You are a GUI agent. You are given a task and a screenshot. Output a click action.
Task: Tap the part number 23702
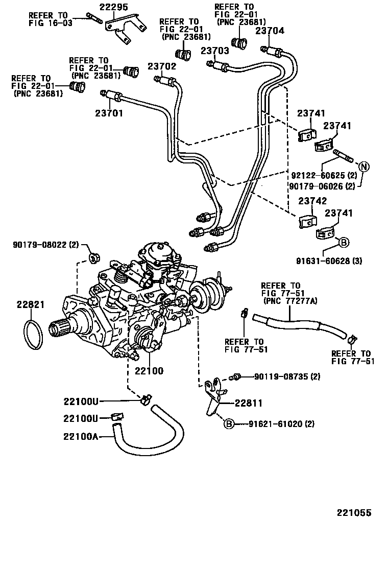pos(162,66)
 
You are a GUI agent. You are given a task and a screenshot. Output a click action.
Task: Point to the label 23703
pos(214,51)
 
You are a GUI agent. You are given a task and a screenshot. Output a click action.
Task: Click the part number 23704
pos(270,30)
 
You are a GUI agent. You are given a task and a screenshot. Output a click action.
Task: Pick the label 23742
pos(312,201)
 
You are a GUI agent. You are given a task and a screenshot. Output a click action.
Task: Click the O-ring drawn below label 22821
pos(33,335)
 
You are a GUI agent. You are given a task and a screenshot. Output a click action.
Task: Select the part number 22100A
pos(81,436)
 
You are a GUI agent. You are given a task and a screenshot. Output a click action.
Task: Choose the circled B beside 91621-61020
pos(229,423)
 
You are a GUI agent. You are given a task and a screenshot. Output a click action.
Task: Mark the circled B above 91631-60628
pos(344,243)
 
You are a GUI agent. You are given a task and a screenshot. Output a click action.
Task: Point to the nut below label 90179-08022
pos(94,257)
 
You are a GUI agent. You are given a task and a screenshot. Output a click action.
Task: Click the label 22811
pos(249,403)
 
